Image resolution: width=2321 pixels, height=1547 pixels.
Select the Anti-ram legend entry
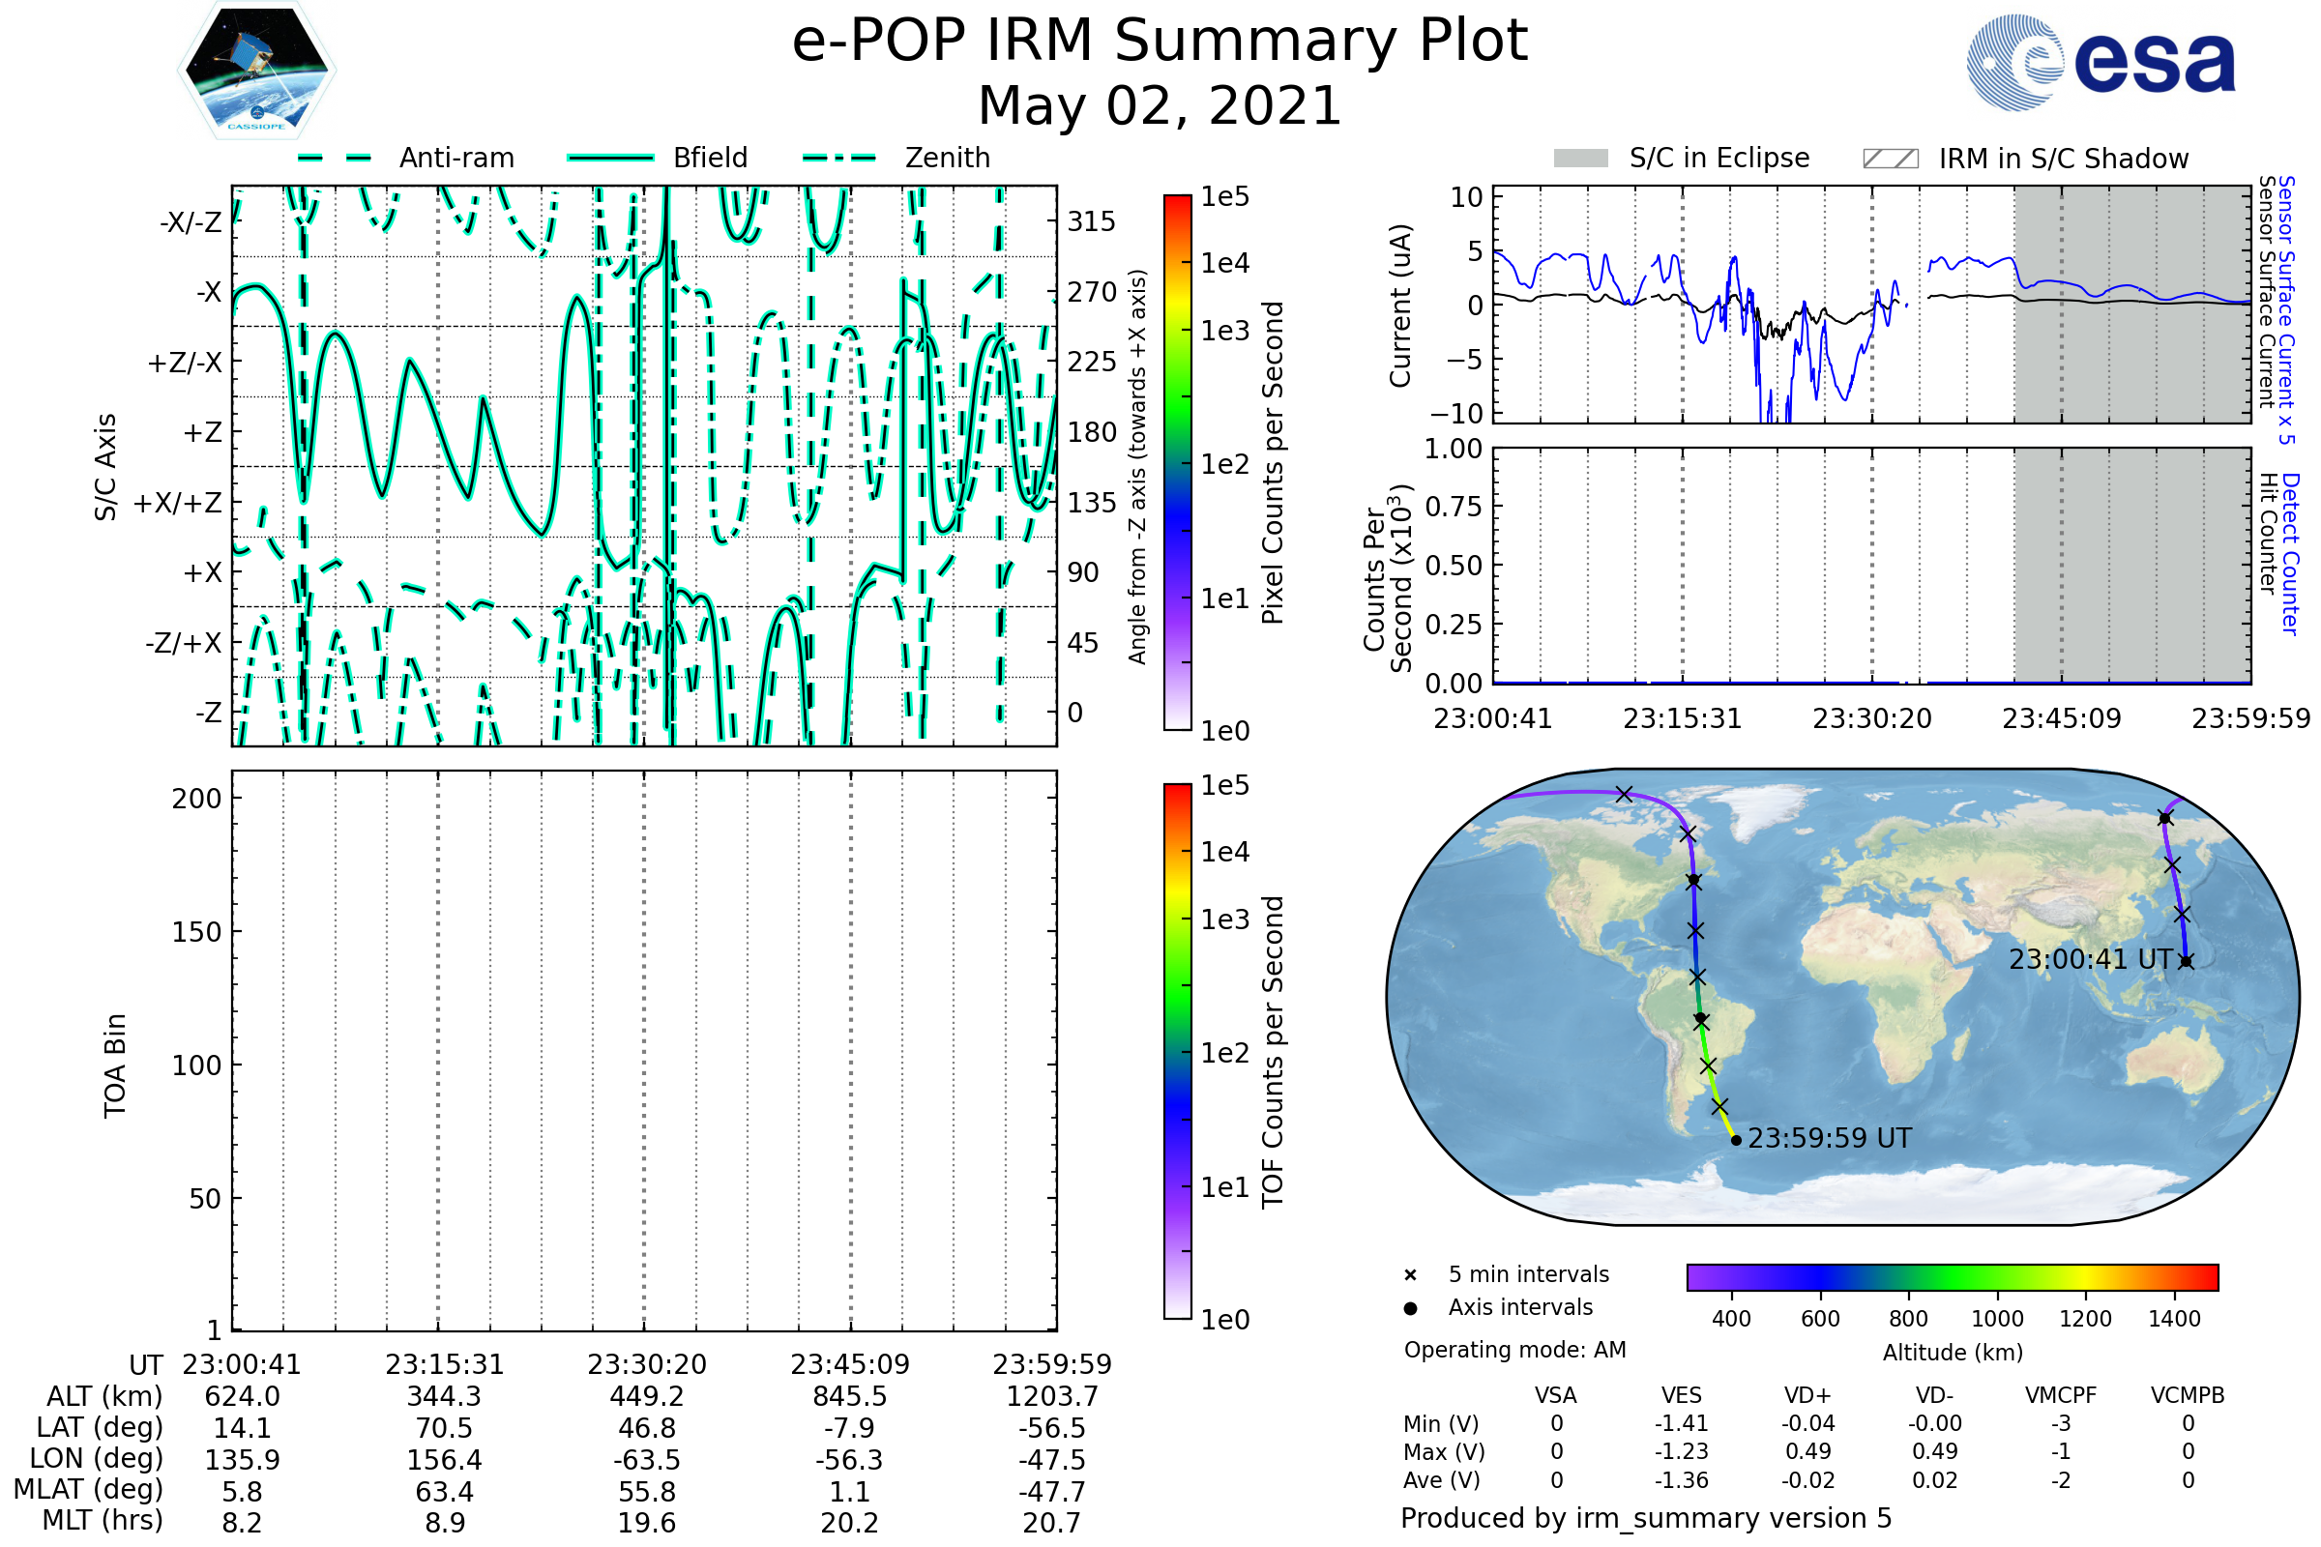coord(405,158)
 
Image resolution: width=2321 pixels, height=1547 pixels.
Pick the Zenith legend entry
coord(896,158)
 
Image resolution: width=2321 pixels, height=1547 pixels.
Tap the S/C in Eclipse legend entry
coord(1682,159)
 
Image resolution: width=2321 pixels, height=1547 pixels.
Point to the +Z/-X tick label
coord(185,362)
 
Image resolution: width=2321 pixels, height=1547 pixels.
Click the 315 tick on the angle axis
coord(1092,221)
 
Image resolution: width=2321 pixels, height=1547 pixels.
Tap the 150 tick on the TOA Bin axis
coord(196,932)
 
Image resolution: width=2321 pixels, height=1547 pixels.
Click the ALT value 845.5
coord(849,1396)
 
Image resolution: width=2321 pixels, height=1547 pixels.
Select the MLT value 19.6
coord(646,1522)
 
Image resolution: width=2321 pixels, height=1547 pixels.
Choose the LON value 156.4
coord(444,1459)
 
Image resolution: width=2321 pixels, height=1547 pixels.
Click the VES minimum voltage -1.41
coord(1681,1423)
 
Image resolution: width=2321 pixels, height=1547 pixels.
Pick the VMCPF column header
coord(2061,1395)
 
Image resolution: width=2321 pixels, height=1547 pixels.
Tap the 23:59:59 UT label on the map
coord(1830,1139)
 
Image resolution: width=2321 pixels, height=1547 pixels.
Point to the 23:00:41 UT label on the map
coord(2090,959)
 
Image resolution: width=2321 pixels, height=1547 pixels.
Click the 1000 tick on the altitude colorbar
coord(1996,1319)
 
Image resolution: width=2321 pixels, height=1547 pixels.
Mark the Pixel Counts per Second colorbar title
coord(1273,463)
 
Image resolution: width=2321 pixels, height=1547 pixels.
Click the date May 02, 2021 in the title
coord(1160,105)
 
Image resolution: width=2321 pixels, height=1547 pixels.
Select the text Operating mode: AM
coord(1514,1350)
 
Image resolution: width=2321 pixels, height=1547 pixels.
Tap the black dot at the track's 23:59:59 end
coord(1736,1141)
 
